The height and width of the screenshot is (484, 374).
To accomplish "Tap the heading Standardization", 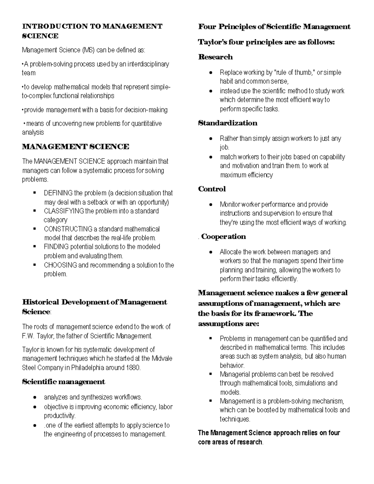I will [x=228, y=123].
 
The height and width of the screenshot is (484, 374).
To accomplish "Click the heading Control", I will [x=212, y=189].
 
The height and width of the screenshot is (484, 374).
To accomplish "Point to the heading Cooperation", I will [x=223, y=237].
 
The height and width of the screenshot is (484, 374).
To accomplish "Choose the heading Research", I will [x=215, y=57].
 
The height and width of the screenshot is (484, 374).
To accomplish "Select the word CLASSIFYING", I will [x=64, y=211].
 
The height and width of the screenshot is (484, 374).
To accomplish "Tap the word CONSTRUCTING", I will [x=68, y=229].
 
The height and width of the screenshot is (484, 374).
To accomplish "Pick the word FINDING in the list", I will [x=56, y=247].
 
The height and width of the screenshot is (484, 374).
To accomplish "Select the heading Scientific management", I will [x=64, y=382].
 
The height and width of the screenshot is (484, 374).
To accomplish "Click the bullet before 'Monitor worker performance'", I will [x=212, y=205].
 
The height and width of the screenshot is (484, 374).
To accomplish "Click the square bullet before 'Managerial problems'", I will [x=211, y=374].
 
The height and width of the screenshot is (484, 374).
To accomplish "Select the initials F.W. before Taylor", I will [x=28, y=336].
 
